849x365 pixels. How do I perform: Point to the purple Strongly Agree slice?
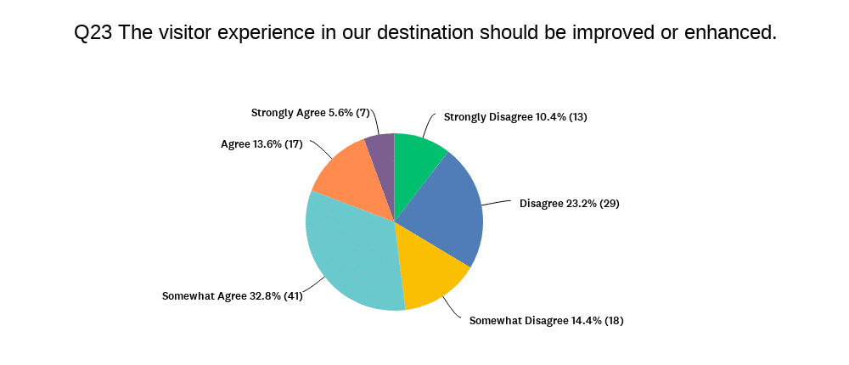[x=383, y=162]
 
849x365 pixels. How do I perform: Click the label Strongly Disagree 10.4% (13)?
[x=515, y=117]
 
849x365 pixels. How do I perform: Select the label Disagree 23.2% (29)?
[x=569, y=205]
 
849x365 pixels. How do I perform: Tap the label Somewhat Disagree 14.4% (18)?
[x=546, y=321]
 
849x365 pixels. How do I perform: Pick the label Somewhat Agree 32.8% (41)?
[x=233, y=296]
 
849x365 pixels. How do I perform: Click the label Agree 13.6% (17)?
[x=261, y=144]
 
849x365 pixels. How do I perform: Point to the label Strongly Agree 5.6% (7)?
[x=310, y=113]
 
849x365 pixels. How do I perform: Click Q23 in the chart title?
[x=93, y=32]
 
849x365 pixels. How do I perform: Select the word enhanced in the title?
[x=730, y=32]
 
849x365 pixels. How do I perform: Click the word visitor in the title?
[x=183, y=32]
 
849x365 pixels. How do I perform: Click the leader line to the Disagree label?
[x=497, y=203]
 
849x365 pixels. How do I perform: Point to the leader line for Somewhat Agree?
[x=316, y=286]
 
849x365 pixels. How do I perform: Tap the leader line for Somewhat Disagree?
[x=455, y=306]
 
